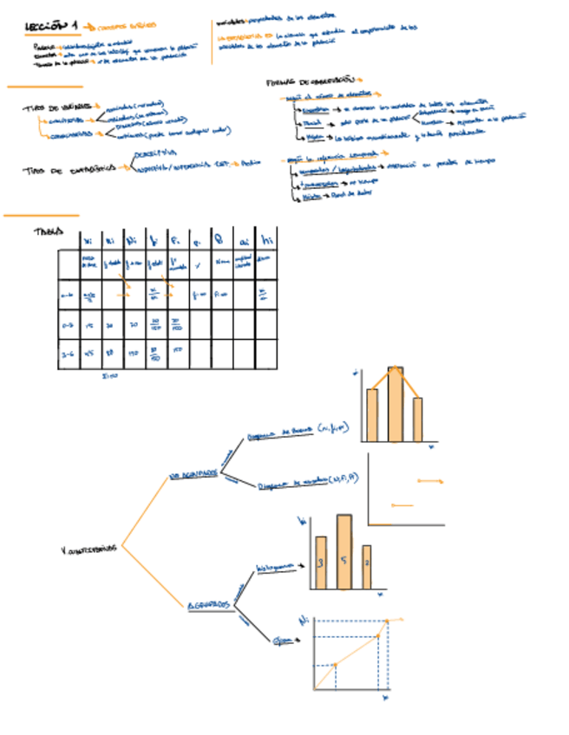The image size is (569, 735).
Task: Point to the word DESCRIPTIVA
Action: [x=154, y=153]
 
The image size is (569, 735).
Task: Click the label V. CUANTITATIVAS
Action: [x=88, y=549]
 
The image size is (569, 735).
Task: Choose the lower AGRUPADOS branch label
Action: [x=208, y=604]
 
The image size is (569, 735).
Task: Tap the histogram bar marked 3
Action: [x=320, y=563]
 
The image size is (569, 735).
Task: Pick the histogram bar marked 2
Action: [x=367, y=567]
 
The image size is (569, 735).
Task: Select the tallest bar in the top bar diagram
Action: [x=395, y=404]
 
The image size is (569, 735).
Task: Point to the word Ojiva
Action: [x=281, y=641]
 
